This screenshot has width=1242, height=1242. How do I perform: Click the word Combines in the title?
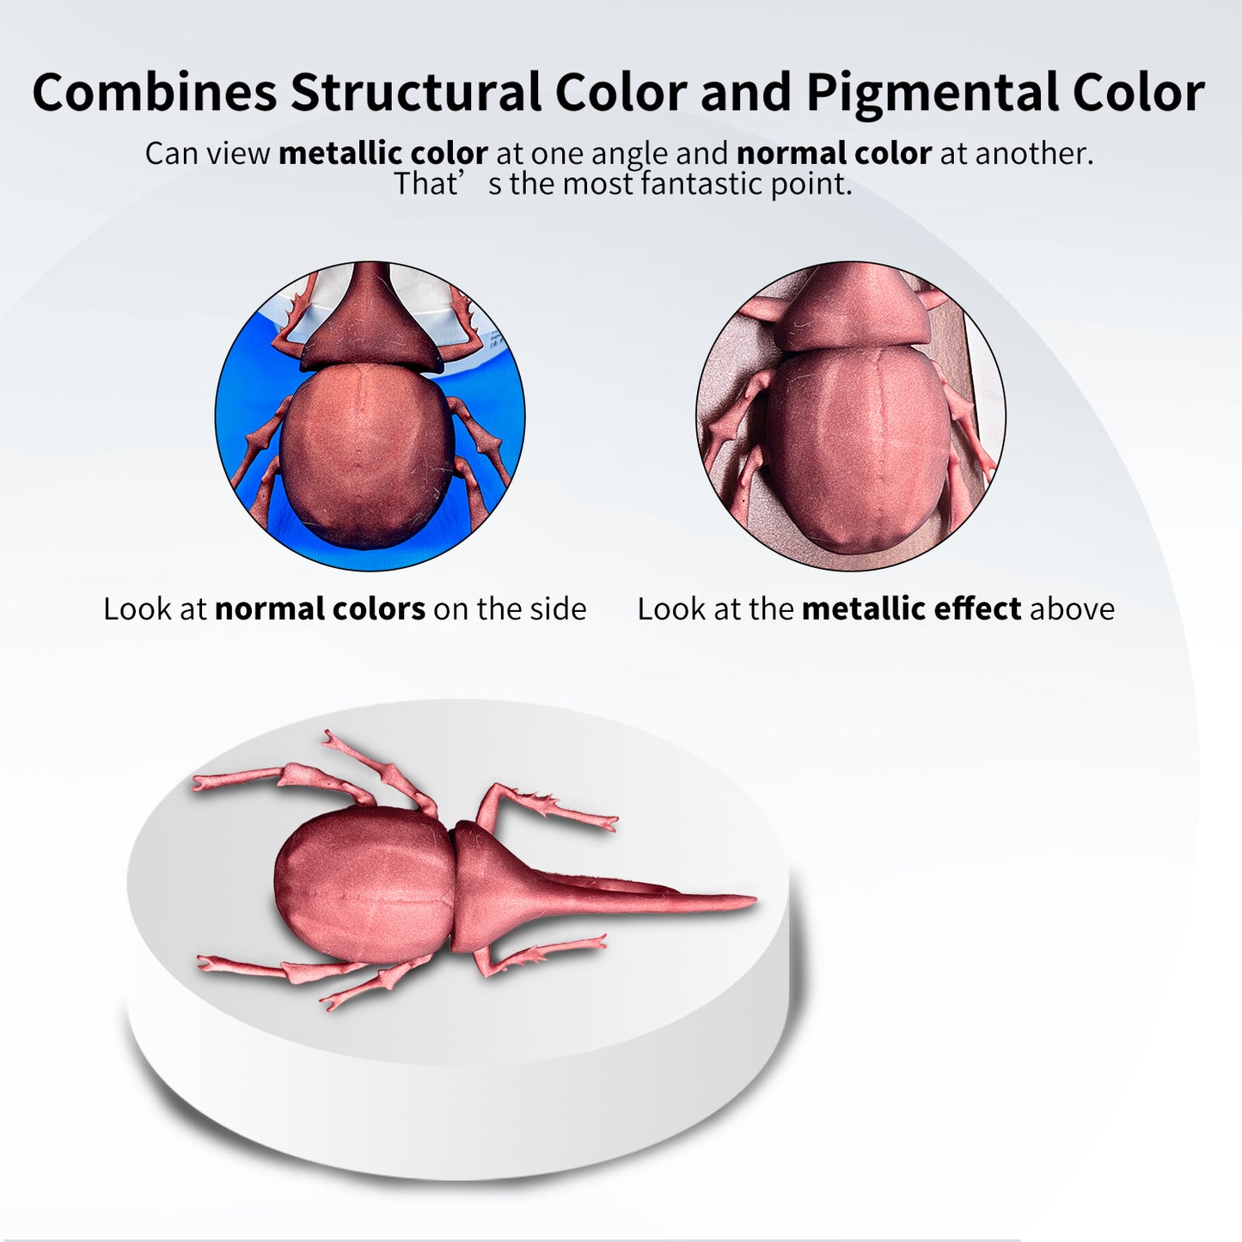(155, 91)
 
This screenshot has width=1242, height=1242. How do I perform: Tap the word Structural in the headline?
(416, 91)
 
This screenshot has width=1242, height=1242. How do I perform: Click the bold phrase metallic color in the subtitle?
(382, 153)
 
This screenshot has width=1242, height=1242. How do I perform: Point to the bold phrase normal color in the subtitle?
(834, 153)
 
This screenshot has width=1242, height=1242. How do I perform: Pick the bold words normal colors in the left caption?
(320, 609)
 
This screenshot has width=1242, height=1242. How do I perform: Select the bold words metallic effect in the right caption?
(911, 609)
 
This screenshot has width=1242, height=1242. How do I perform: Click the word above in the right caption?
(1073, 609)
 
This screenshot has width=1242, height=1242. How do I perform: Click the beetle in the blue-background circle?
(370, 413)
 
